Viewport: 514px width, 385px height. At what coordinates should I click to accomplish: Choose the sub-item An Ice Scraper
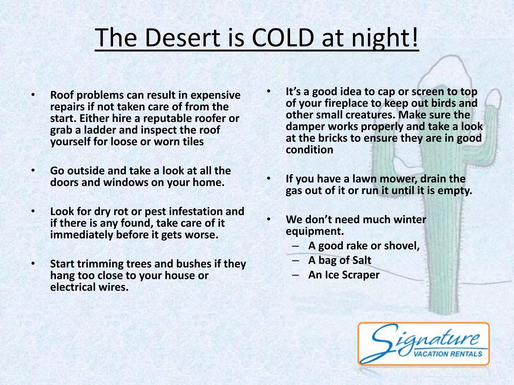click(x=344, y=275)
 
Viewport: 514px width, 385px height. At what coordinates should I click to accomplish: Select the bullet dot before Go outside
click(x=33, y=171)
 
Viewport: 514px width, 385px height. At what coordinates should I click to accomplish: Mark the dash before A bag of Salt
click(x=295, y=260)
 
